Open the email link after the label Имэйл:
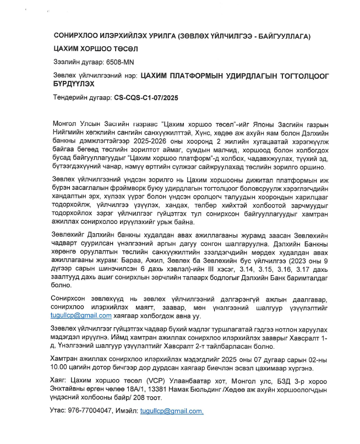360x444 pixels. (172, 410)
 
